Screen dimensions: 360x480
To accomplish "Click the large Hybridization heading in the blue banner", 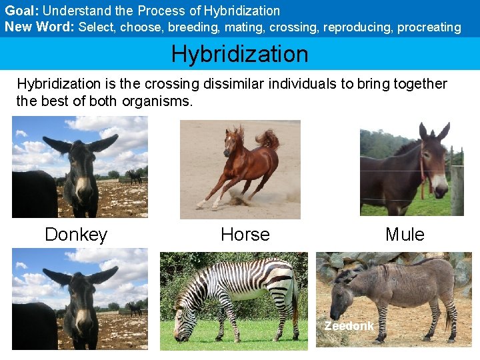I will [239, 54].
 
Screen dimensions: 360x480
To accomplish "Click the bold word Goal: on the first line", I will [22, 11].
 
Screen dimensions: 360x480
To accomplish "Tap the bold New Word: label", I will [39, 27].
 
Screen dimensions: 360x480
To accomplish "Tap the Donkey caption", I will [75, 235].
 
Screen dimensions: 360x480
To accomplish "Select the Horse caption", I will [245, 235].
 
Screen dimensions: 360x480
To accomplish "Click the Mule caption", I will [405, 235].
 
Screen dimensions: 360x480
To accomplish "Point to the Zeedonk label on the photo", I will [349, 326].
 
